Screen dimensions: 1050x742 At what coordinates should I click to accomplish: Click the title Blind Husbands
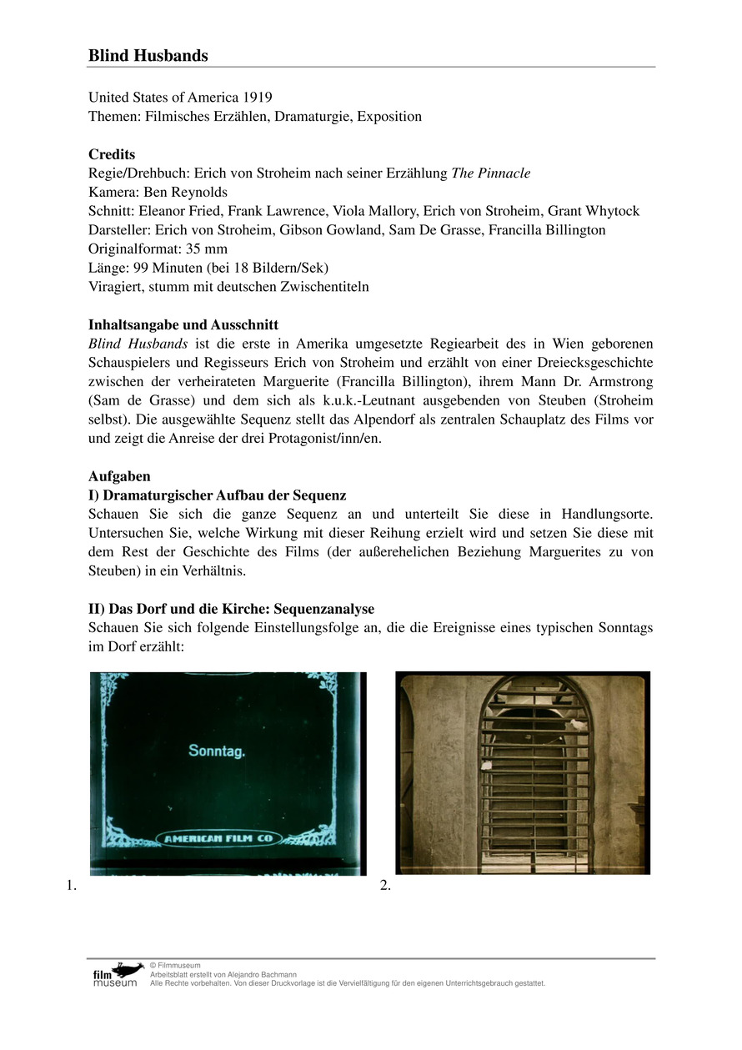(148, 56)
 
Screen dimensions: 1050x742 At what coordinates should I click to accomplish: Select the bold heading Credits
(112, 154)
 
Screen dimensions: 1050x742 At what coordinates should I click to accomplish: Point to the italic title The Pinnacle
(490, 173)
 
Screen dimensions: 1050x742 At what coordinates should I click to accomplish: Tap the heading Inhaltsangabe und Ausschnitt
(183, 324)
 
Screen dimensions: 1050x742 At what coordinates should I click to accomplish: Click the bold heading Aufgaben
(119, 476)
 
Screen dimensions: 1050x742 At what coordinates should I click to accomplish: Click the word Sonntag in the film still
(217, 751)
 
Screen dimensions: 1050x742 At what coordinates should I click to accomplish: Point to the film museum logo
(117, 973)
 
